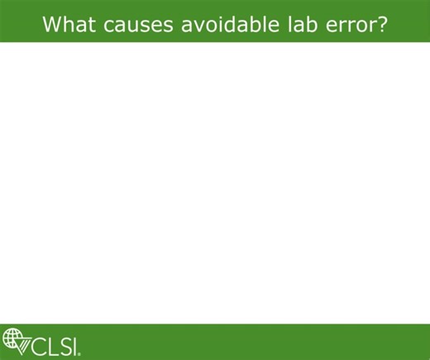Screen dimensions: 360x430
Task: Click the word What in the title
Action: pos(69,23)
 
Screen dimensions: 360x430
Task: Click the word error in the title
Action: pos(351,24)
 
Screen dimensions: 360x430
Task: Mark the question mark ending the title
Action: pos(383,23)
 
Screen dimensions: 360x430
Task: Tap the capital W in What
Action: pos(52,23)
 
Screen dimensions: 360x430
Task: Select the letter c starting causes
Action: pos(109,25)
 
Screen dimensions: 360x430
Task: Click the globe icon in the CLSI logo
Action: pos(12,339)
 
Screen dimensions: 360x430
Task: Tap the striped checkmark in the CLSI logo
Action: pos(25,343)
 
